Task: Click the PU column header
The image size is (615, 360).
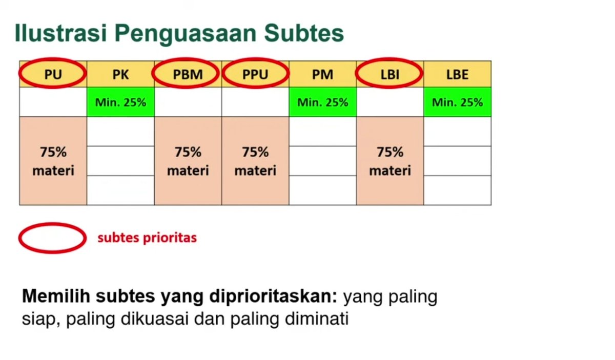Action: click(53, 74)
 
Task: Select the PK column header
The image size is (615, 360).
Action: click(120, 74)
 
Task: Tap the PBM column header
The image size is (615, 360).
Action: click(188, 74)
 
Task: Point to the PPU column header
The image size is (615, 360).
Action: click(255, 74)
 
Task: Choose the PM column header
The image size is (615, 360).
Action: click(323, 74)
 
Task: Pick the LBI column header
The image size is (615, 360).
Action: click(390, 74)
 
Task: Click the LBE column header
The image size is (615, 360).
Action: click(457, 74)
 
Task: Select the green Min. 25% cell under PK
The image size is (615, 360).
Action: click(120, 102)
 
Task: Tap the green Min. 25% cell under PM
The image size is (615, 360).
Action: click(323, 102)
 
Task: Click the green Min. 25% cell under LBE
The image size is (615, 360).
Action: click(457, 102)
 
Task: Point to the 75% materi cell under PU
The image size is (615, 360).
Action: click(53, 161)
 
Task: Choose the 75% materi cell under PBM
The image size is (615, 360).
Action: click(188, 161)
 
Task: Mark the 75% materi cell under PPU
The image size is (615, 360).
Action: click(255, 161)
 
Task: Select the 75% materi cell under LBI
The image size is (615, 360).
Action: click(390, 161)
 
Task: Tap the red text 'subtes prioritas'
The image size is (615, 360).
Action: click(147, 238)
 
